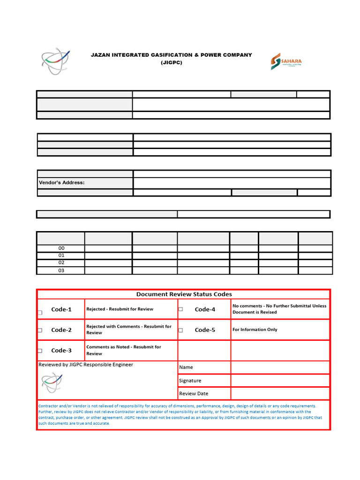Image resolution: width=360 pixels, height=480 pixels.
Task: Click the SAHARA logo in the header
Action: [x=286, y=61]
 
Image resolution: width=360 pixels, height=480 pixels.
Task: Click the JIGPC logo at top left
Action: [x=56, y=61]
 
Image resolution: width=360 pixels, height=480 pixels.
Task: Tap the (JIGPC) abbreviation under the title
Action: [x=171, y=62]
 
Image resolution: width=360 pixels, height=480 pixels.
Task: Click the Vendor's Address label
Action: [x=61, y=182]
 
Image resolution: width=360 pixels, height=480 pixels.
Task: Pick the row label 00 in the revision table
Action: [x=61, y=248]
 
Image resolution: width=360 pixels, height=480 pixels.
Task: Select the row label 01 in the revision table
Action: [x=61, y=256]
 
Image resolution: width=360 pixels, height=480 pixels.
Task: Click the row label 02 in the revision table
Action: [x=61, y=263]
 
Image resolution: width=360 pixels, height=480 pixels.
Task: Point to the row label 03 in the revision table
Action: [x=61, y=270]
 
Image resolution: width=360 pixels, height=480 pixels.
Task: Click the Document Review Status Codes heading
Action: [x=184, y=294]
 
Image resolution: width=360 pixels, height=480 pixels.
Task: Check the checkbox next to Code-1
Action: [x=40, y=313]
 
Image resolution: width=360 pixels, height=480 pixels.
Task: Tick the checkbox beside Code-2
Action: [x=40, y=330]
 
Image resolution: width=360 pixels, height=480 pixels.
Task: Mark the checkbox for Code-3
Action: [x=40, y=351]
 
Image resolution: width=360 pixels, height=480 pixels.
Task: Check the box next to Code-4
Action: [x=180, y=309]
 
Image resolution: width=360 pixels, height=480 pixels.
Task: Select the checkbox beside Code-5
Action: [x=180, y=330]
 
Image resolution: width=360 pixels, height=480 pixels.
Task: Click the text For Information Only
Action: [x=255, y=330]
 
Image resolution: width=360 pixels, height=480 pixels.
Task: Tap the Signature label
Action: [x=190, y=381]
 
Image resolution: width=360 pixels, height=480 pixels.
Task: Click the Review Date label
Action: [x=194, y=394]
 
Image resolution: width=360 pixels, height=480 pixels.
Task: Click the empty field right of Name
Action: [x=280, y=367]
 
